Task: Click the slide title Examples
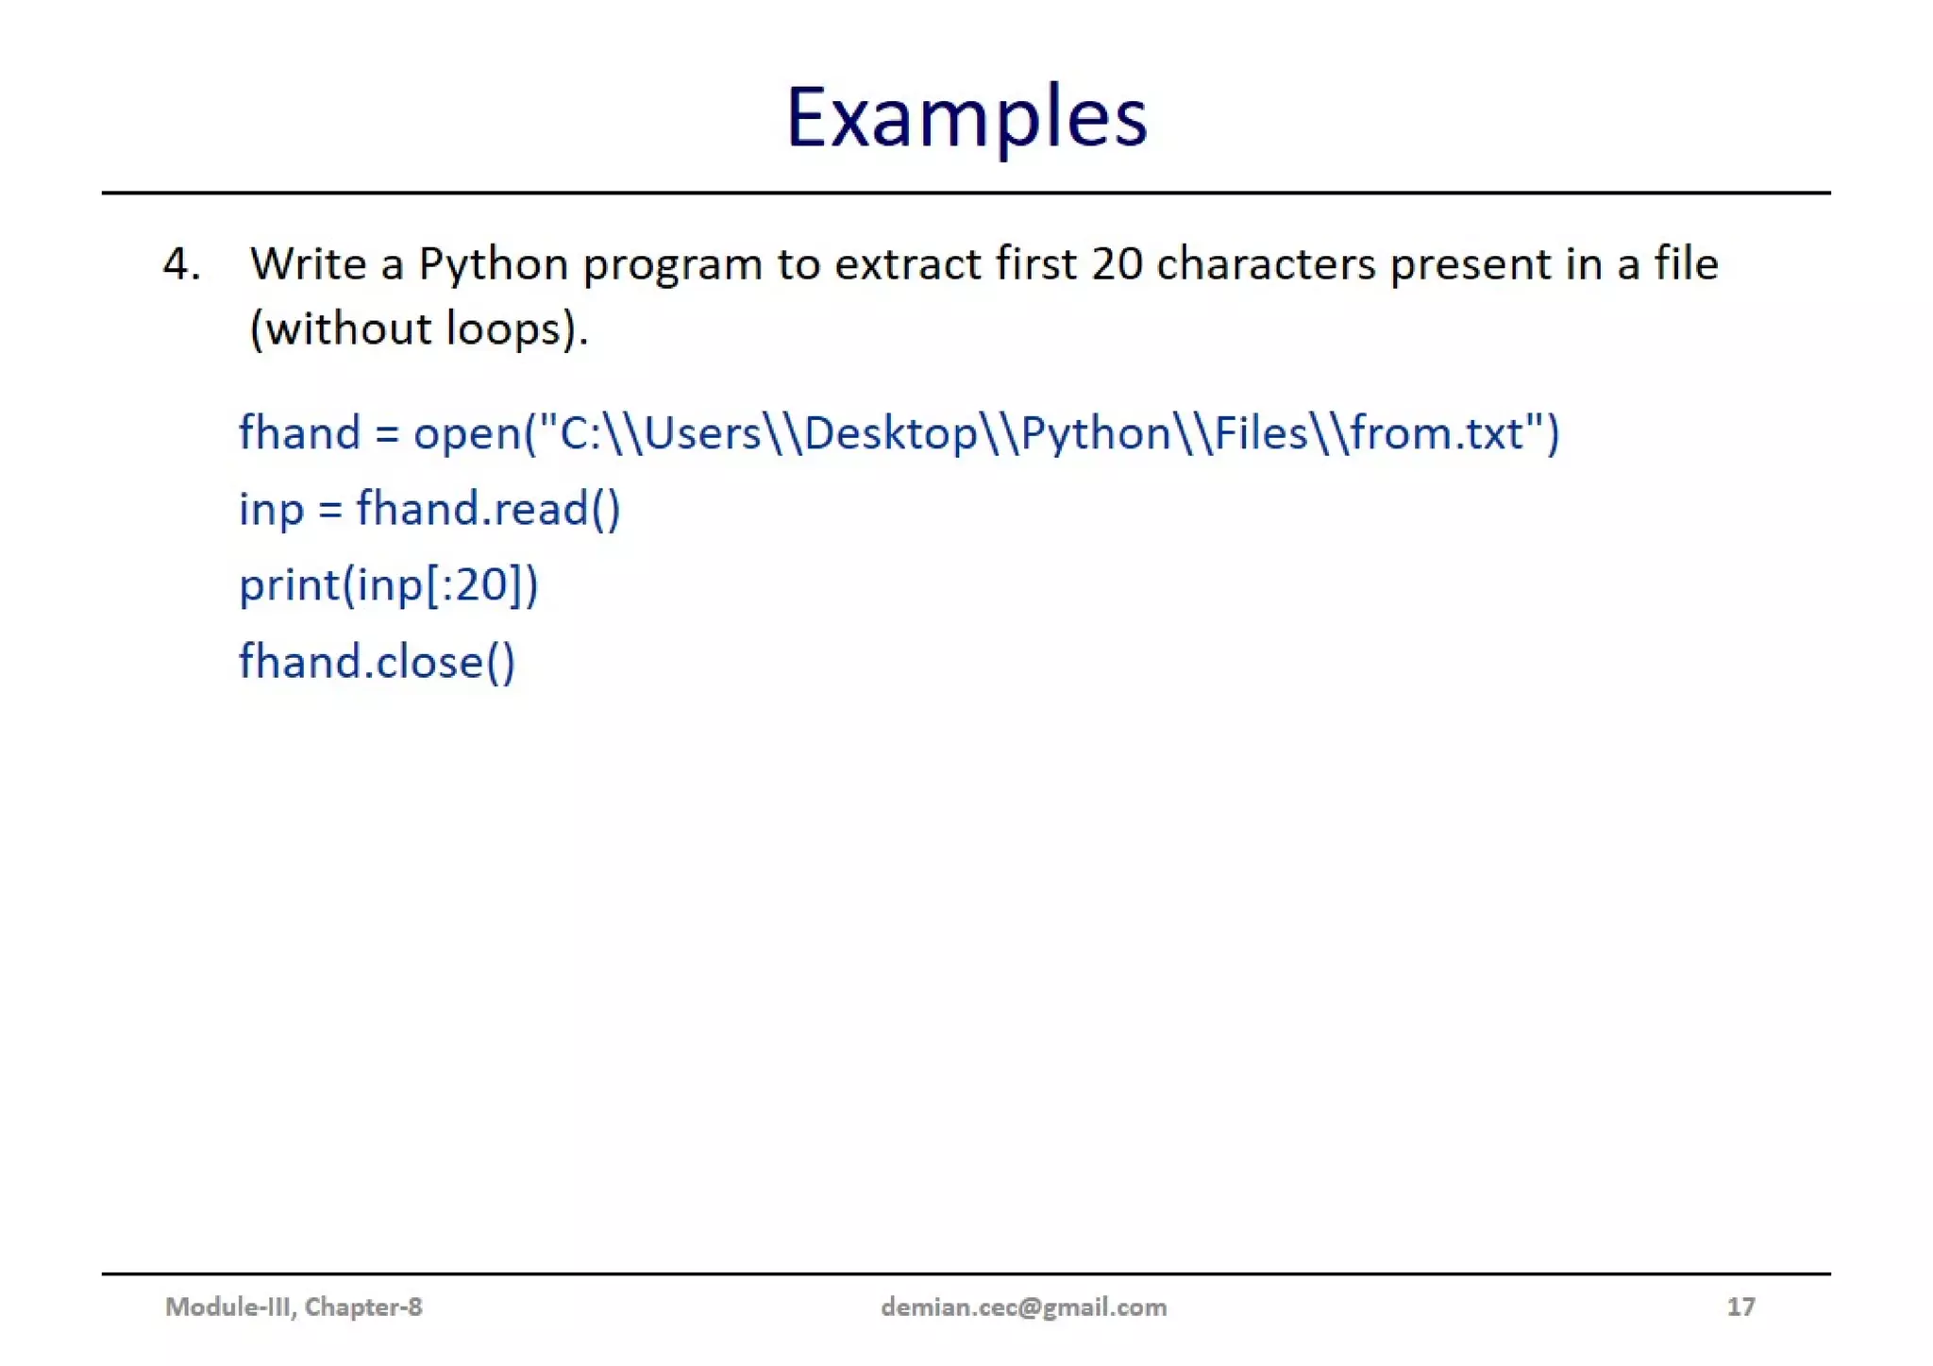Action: [x=966, y=118]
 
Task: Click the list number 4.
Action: [x=181, y=264]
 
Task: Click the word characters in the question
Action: [x=1266, y=264]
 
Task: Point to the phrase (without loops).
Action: [x=418, y=329]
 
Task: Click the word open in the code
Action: [x=466, y=434]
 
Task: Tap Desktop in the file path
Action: [x=890, y=434]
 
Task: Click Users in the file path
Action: [x=702, y=434]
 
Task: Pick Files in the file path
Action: [x=1261, y=434]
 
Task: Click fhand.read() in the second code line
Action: [x=488, y=510]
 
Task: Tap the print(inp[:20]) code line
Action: [x=388, y=585]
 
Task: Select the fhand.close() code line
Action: [x=377, y=662]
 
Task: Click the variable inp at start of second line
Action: [x=271, y=511]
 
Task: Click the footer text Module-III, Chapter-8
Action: [x=294, y=1307]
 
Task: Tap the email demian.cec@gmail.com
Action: [x=1023, y=1307]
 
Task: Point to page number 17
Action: [x=1740, y=1307]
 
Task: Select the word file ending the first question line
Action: [x=1686, y=264]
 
